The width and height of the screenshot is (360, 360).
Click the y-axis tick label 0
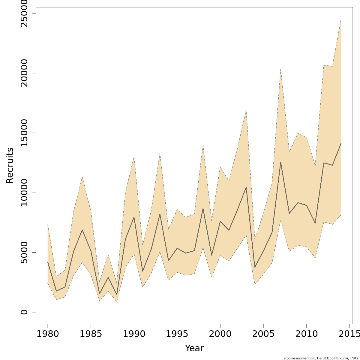(x=24, y=312)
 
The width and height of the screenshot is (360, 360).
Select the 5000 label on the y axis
(x=24, y=252)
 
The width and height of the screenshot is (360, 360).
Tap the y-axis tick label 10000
(x=24, y=193)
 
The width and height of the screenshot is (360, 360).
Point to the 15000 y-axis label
(x=24, y=133)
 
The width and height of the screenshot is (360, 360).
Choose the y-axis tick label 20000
(x=24, y=73)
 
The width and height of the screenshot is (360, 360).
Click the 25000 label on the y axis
(x=24, y=13)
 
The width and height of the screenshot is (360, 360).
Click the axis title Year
(x=194, y=348)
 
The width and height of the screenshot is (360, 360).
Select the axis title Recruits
(x=10, y=165)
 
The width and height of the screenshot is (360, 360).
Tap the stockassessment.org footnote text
(x=321, y=358)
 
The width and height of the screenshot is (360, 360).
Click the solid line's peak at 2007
(x=280, y=162)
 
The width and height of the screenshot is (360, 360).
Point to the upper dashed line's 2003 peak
(x=246, y=110)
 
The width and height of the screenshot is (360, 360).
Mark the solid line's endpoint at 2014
(x=341, y=143)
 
